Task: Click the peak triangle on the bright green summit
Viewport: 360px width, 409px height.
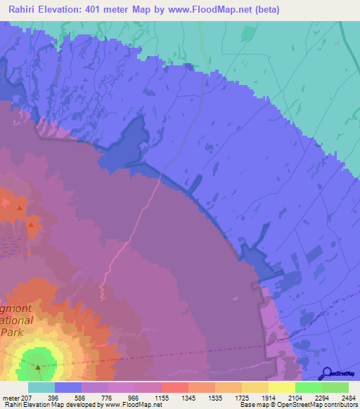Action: [x=38, y=366]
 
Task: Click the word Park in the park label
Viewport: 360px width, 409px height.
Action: [x=12, y=331]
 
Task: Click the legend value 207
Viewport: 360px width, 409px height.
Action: [x=25, y=397]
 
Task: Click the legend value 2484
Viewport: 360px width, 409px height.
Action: [x=348, y=397]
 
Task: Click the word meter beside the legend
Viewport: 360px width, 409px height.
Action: [x=9, y=397]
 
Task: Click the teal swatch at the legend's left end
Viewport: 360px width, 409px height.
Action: [x=41, y=387]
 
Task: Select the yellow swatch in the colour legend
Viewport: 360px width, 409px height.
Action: [x=282, y=387]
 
